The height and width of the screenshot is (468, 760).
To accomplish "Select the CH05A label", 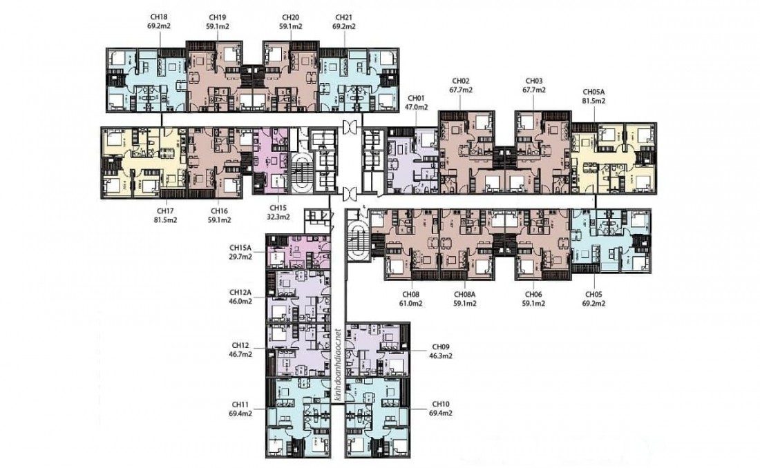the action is [x=593, y=92].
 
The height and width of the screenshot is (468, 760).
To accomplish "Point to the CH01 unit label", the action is [x=416, y=98].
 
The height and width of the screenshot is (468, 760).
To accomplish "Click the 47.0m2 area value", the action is [x=416, y=107].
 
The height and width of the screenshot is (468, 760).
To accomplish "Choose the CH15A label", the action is [x=240, y=248].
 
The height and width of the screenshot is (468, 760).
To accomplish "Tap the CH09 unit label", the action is [x=441, y=347].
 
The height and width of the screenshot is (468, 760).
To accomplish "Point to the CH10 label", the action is [x=441, y=404].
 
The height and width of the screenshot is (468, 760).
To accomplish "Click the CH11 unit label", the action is [x=240, y=404].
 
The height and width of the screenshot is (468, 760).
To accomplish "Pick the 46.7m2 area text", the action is [x=240, y=354].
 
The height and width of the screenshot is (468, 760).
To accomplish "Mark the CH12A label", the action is [x=240, y=293].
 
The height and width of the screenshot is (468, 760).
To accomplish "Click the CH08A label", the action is [x=465, y=295].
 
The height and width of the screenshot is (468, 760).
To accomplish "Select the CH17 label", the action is [x=165, y=211].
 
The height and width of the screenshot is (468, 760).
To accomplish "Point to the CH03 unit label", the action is [x=533, y=81].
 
